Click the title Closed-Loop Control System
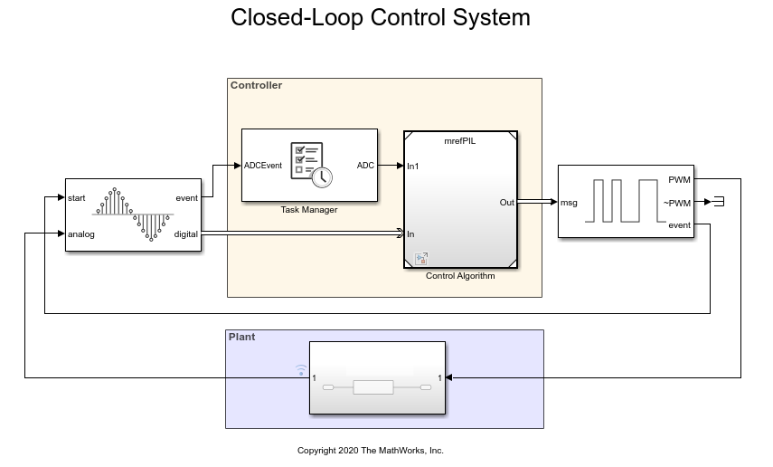(x=381, y=18)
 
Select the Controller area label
(x=256, y=86)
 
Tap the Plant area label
(x=242, y=337)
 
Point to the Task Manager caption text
(x=309, y=210)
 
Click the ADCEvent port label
(x=263, y=166)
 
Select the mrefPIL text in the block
(x=461, y=142)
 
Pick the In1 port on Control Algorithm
(x=412, y=166)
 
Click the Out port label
(x=506, y=203)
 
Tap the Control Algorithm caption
(x=460, y=276)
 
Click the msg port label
(x=570, y=203)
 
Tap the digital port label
(x=184, y=234)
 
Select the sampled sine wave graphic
(x=133, y=215)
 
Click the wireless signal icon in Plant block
(x=302, y=369)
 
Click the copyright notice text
(x=371, y=451)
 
